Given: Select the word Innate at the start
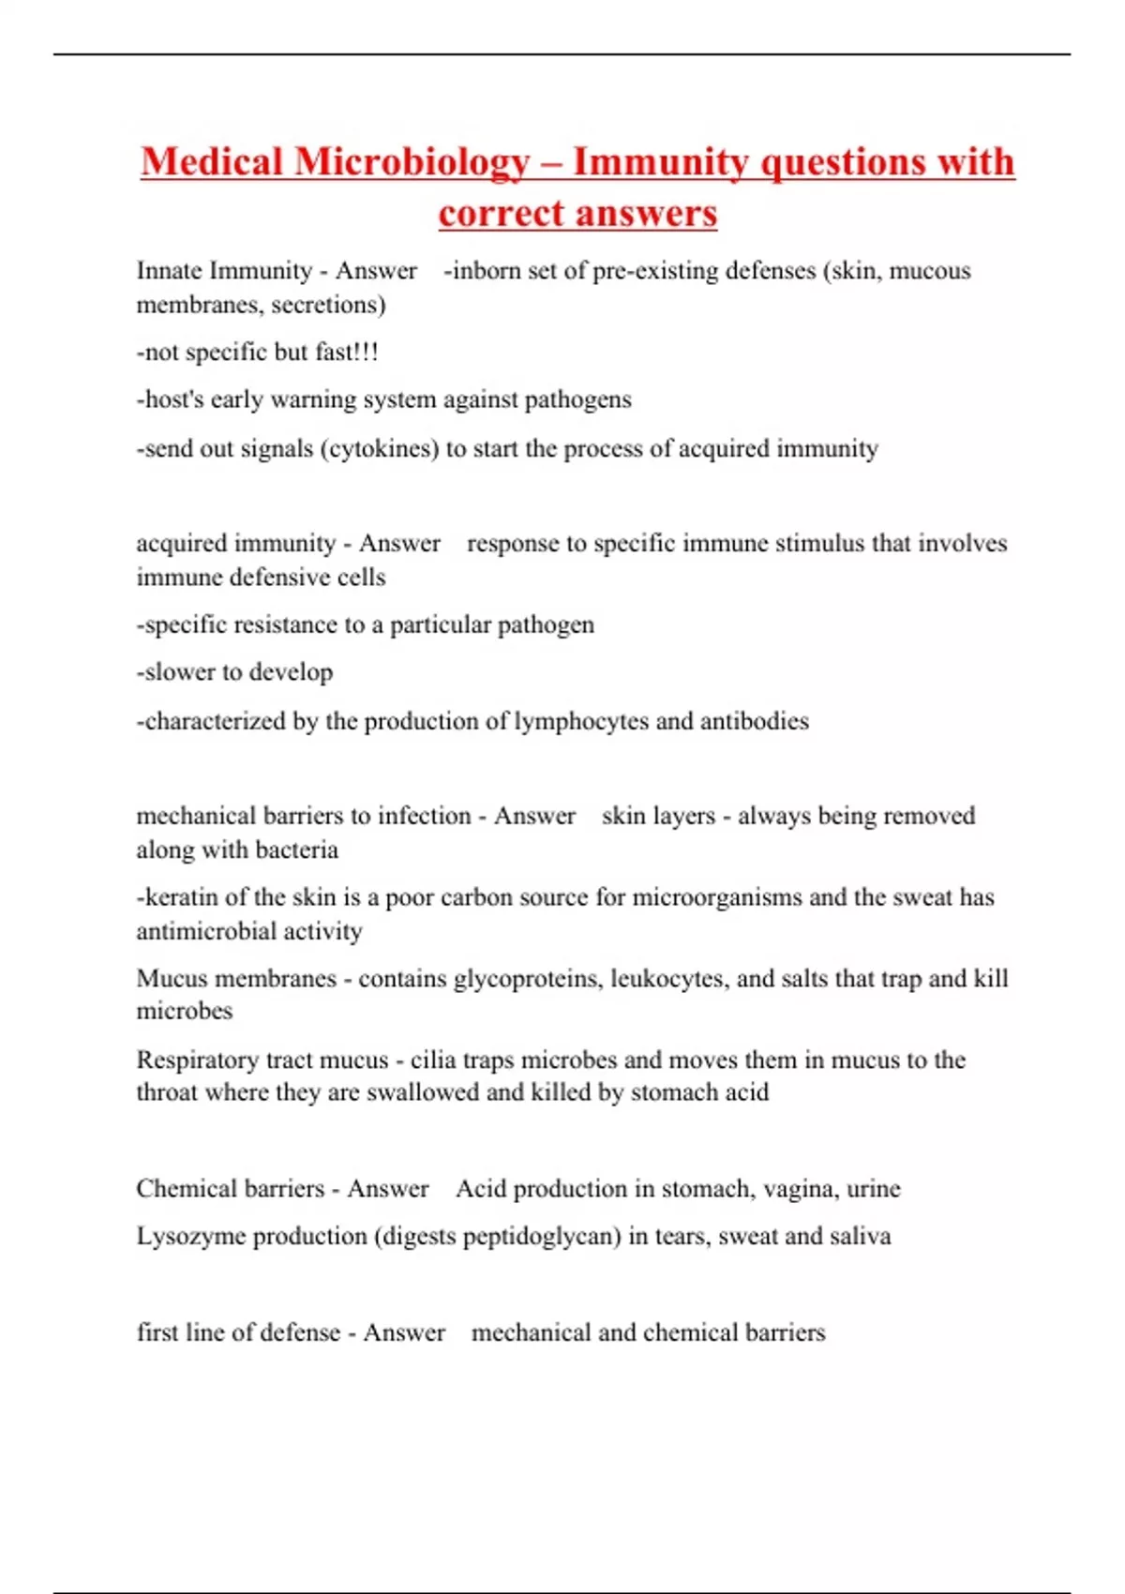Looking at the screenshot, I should click(x=170, y=271).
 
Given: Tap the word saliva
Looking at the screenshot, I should click(x=861, y=1237).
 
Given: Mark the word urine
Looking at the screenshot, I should click(x=873, y=1189).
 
